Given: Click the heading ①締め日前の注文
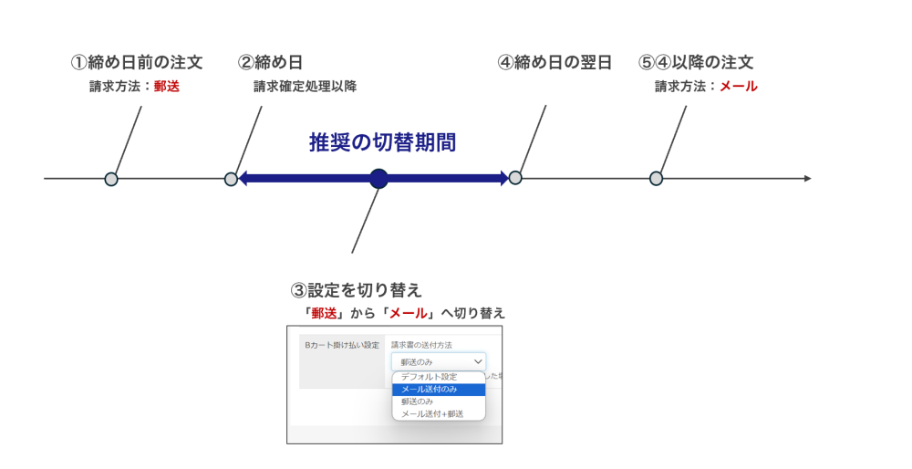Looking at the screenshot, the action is [137, 62].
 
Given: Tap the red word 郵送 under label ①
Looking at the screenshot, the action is [167, 86].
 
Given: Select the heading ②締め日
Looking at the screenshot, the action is [271, 62].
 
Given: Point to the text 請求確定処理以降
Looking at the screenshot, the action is [306, 86].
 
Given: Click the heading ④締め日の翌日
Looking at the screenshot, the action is [554, 62].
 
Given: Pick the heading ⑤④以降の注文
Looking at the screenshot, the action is [696, 62].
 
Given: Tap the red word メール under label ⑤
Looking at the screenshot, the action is [739, 86].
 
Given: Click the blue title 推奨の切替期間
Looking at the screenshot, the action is [382, 142].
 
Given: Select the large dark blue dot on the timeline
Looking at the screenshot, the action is [378, 179].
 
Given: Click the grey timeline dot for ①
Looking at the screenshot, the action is [111, 179].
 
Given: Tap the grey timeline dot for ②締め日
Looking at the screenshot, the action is [231, 179].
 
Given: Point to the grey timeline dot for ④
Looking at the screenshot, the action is [514, 178].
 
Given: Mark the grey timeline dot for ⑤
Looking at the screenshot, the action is [656, 179].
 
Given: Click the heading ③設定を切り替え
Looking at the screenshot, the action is [356, 290].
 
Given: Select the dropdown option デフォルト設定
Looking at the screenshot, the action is [429, 377].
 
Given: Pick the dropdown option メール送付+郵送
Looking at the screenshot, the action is [432, 414].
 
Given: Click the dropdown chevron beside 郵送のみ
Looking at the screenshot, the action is [478, 362].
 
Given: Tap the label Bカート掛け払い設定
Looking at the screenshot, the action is [342, 345].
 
